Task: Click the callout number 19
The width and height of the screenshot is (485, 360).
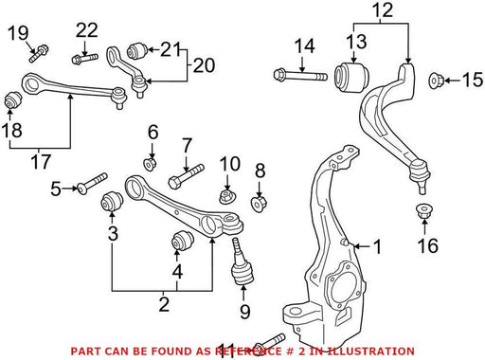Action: pos(18,33)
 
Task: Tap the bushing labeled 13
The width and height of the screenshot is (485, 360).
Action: pos(351,78)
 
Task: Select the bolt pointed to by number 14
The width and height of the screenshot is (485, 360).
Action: pos(300,76)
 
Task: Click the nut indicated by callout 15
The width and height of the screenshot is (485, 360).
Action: pos(437,81)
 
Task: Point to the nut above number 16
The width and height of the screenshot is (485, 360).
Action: pos(423,211)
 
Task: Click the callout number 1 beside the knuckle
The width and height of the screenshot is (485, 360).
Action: pos(377,246)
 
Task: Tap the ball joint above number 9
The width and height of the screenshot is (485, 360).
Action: pos(242,263)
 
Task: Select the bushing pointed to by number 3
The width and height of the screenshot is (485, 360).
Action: pos(112,202)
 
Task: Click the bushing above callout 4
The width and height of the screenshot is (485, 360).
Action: pos(182,241)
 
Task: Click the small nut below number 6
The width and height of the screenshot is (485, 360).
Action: pos(151,164)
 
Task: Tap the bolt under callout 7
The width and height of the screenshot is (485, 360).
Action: pos(186,176)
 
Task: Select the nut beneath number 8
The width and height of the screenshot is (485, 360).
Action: pos(260,204)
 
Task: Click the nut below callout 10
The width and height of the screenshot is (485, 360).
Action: pos(228,197)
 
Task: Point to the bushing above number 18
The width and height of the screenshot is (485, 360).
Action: pos(13,99)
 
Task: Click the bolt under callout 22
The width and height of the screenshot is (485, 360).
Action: pos(85,59)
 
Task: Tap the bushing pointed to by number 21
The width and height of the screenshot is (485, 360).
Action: pos(137,50)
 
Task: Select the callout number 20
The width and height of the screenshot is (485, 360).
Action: pos(204,65)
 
